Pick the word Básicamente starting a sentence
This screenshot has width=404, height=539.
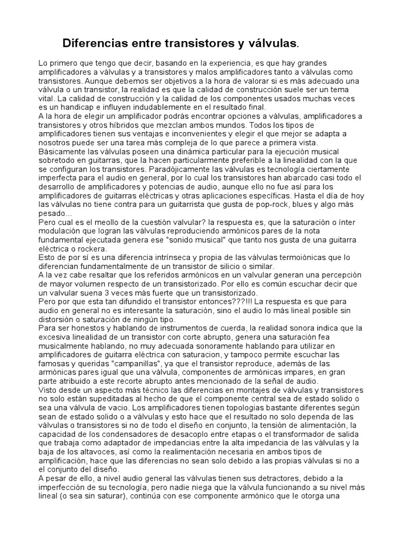coord(64,152)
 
